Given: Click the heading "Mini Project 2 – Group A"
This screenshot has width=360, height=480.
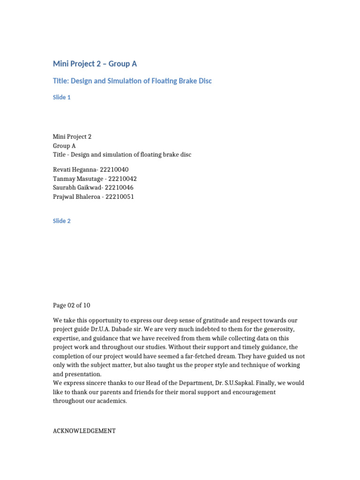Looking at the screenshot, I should tap(95, 64).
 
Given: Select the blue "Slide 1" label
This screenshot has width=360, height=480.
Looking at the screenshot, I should tap(62, 97).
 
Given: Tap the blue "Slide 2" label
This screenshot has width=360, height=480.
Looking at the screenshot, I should tap(62, 221).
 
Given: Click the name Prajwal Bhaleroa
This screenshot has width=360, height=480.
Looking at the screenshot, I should tap(75, 196).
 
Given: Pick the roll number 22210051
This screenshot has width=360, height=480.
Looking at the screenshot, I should tap(120, 196).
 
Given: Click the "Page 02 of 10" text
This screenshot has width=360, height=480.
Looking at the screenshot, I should tap(72, 305).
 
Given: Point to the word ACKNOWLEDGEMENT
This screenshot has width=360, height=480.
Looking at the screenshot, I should tap(84, 430).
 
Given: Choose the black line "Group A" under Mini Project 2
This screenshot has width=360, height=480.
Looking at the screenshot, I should tap(64, 146).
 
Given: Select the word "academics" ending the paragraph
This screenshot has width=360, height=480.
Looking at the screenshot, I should tap(111, 401).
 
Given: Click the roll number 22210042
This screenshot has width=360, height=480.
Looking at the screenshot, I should tap(122, 179).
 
